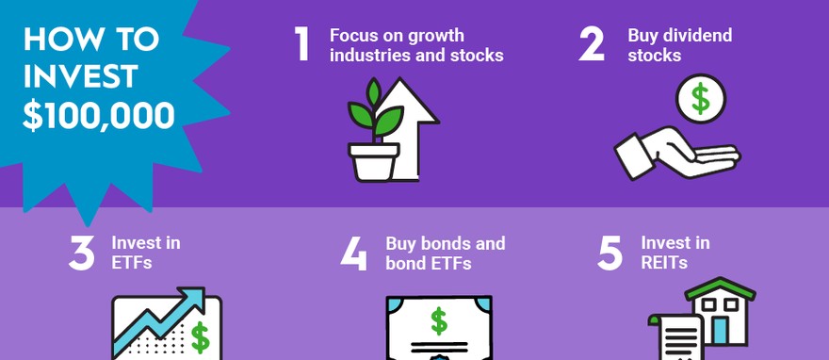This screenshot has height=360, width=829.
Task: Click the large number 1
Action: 301,44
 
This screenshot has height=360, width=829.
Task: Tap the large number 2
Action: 591,44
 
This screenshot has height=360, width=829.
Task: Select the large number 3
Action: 81,254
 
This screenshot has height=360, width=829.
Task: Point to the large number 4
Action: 353,254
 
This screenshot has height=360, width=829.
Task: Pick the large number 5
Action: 610,254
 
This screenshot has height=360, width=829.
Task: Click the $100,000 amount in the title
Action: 98,116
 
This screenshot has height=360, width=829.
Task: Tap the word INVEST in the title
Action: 80,77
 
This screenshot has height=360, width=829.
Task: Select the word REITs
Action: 664,262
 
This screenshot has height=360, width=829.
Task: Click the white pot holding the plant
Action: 374,162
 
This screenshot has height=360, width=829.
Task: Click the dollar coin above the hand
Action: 701,99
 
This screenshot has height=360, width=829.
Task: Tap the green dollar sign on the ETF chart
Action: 200,337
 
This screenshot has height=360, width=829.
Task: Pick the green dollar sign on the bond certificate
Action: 439,321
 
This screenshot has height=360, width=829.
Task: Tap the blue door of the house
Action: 719,331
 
